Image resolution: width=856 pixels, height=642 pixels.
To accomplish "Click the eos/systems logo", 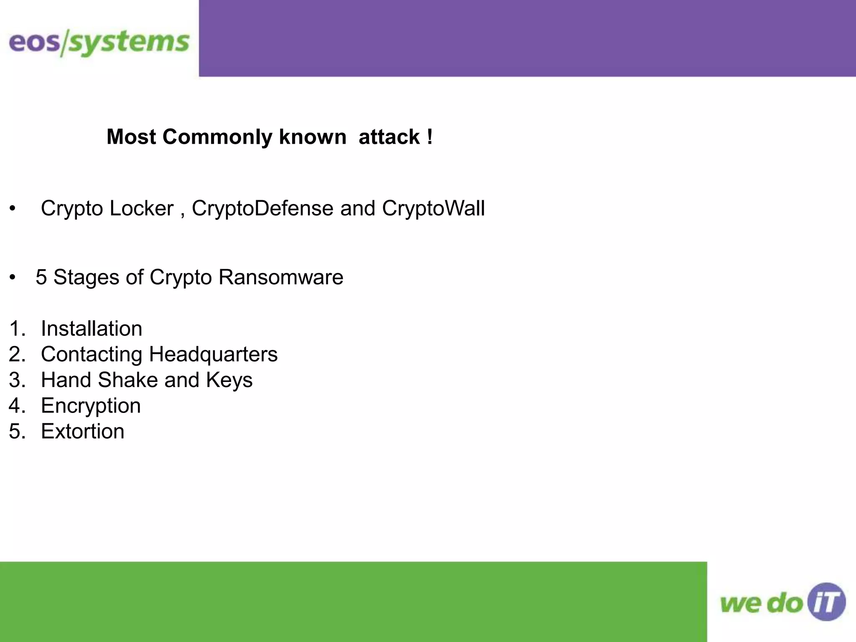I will tap(99, 43).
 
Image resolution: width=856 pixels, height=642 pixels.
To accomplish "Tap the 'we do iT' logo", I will tap(782, 602).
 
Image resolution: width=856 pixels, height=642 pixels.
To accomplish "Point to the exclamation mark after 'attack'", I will tap(430, 137).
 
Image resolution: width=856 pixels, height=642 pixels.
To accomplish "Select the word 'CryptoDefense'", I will tap(262, 208).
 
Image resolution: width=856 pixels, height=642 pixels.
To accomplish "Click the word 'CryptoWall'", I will tap(433, 208).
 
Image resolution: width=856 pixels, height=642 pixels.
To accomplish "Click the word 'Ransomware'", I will tap(280, 277).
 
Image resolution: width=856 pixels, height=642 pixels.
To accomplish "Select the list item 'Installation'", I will tap(92, 329).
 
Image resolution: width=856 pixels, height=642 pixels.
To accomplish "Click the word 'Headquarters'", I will tap(213, 354).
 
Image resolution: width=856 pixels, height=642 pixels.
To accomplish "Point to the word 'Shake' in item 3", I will tap(127, 380).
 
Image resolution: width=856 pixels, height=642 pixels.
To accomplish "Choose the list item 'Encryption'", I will tap(91, 406).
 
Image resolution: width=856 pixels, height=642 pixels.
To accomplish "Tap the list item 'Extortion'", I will tap(83, 431).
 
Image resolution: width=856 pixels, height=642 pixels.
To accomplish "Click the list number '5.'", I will tap(17, 431).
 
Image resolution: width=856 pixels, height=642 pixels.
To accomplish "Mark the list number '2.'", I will tap(17, 354).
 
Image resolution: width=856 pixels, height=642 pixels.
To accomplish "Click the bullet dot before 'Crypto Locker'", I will tap(13, 209).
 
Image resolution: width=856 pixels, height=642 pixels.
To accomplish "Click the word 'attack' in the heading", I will tap(389, 137).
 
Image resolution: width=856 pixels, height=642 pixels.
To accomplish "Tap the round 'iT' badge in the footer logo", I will tap(826, 602).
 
